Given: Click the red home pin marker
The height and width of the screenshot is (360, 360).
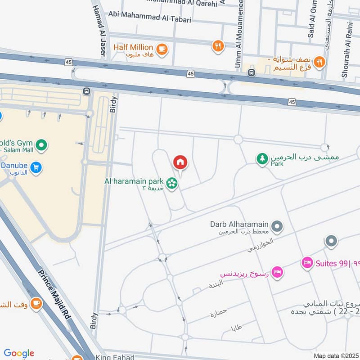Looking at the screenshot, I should pyautogui.click(x=180, y=162).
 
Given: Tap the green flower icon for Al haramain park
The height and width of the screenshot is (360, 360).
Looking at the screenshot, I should pyautogui.click(x=171, y=183).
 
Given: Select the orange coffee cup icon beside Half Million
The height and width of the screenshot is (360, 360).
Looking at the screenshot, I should pyautogui.click(x=162, y=48).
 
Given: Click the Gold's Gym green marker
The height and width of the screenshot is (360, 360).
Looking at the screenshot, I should pyautogui.click(x=41, y=145).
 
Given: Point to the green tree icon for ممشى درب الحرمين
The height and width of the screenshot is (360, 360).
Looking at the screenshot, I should pyautogui.click(x=262, y=158).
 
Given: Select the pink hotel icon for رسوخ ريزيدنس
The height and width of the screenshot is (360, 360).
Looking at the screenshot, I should pyautogui.click(x=278, y=271).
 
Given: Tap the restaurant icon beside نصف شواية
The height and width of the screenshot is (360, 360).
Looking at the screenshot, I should pyautogui.click(x=319, y=62).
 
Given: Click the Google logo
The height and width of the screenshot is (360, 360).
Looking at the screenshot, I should pyautogui.click(x=18, y=353).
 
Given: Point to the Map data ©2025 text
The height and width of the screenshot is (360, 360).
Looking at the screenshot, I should pyautogui.click(x=335, y=355).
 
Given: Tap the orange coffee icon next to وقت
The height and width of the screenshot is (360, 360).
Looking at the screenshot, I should pyautogui.click(x=36, y=304).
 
